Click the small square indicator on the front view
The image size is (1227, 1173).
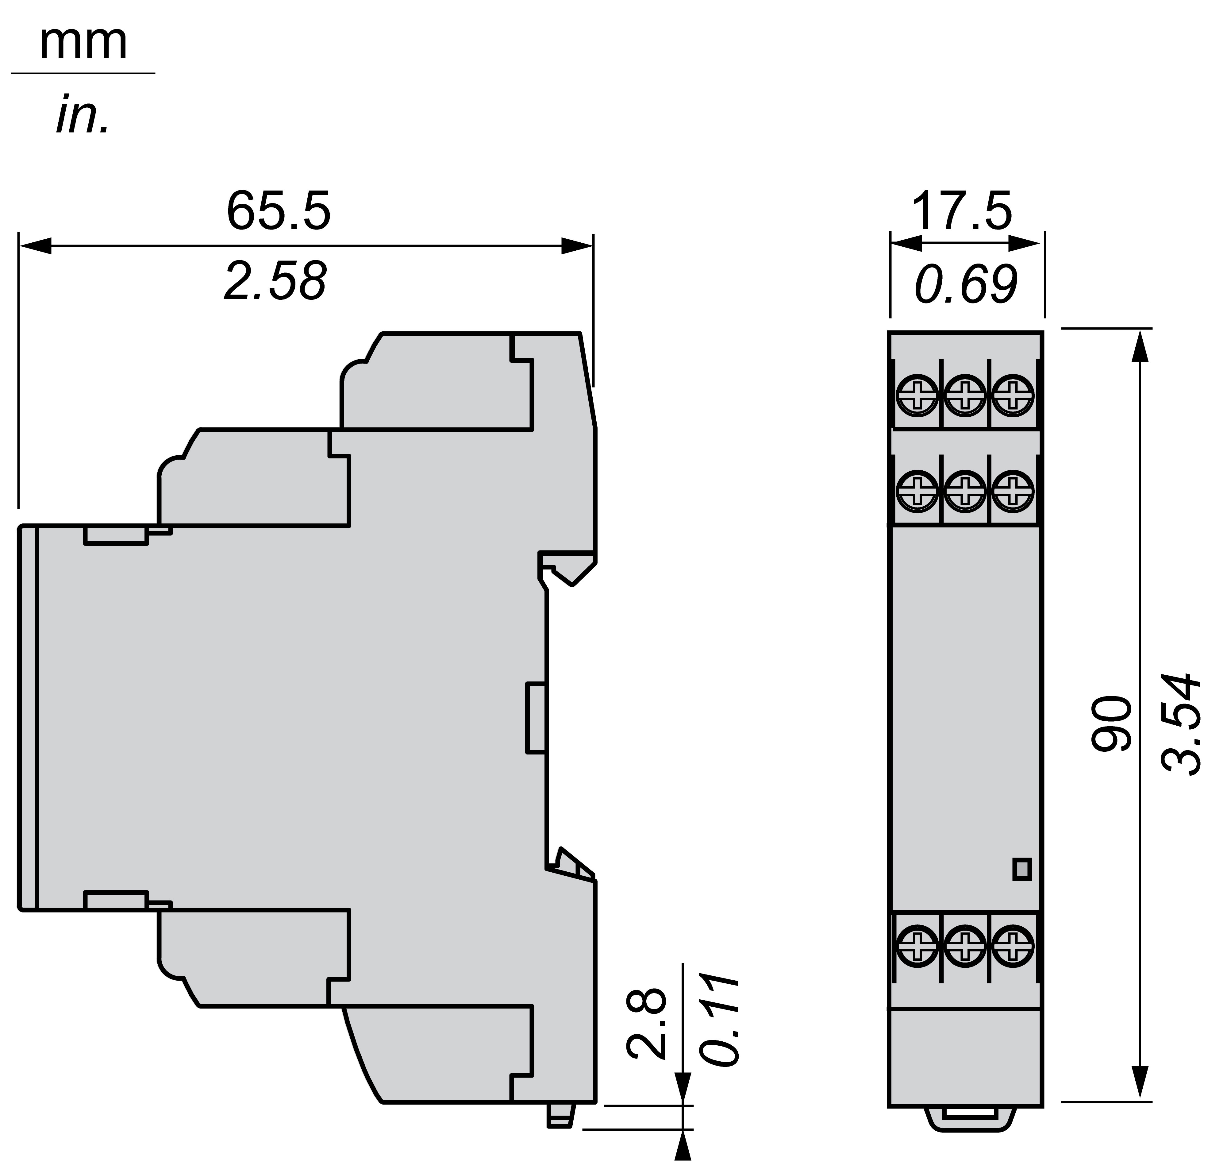[x=1021, y=869]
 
